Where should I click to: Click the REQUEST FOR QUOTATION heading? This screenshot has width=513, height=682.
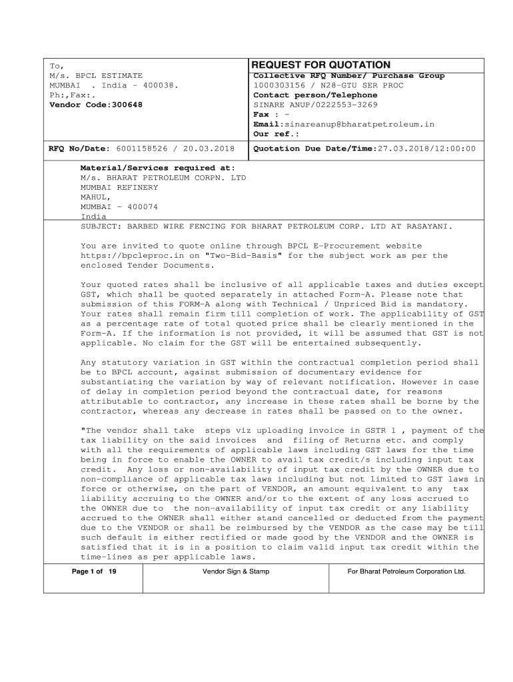click(x=322, y=65)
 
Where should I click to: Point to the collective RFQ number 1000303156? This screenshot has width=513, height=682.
click(x=278, y=86)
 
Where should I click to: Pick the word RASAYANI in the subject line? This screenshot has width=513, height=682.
click(x=428, y=226)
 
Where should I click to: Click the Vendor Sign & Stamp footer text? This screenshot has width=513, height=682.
click(x=236, y=572)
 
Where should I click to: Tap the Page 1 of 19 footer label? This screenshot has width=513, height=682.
click(x=93, y=572)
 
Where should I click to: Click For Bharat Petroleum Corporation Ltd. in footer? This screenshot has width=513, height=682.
click(x=406, y=572)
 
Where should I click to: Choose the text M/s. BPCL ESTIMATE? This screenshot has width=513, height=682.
click(x=97, y=76)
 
